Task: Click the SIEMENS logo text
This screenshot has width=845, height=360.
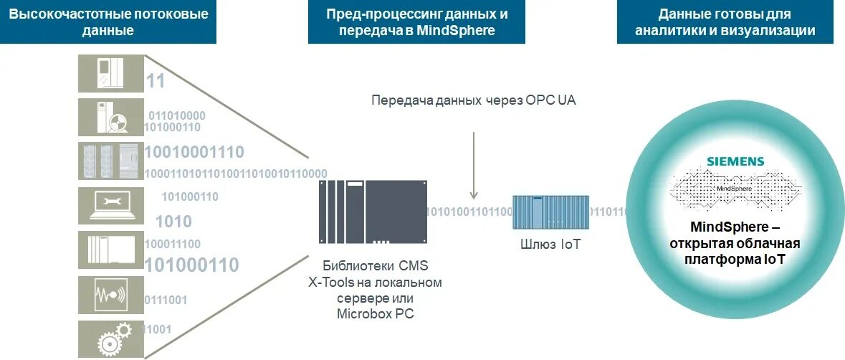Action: [735, 161]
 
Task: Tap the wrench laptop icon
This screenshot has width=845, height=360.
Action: [111, 206]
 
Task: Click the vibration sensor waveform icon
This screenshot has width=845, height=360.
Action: [111, 295]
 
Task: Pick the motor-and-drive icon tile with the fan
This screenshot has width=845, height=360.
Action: [111, 117]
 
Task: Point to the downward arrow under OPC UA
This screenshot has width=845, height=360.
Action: [474, 165]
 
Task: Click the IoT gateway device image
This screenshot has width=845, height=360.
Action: [550, 213]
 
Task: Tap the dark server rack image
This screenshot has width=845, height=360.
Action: [373, 212]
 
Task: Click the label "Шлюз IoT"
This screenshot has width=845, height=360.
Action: [550, 245]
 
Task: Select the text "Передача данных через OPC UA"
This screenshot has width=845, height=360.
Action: [474, 100]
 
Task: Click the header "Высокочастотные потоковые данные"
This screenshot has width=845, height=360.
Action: [108, 22]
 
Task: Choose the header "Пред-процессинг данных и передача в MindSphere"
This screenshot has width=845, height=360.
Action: [416, 22]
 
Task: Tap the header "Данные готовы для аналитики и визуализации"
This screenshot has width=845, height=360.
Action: [725, 22]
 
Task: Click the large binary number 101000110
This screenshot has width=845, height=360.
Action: [192, 265]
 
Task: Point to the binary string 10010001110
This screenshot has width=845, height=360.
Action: [194, 152]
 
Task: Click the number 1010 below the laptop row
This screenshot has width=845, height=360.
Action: [173, 221]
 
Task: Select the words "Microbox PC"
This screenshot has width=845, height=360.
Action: [375, 313]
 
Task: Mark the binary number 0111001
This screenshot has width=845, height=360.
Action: [166, 299]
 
